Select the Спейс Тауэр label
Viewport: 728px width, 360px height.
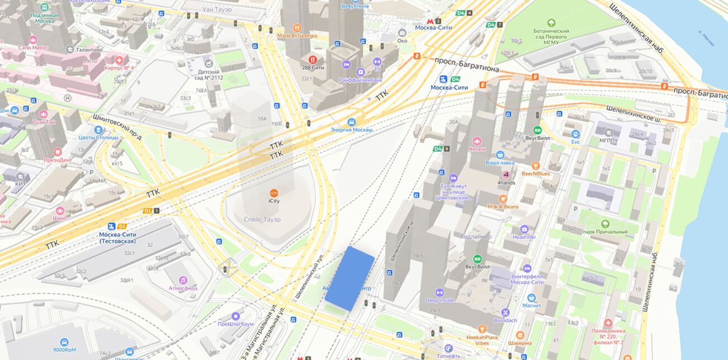click(262, 220)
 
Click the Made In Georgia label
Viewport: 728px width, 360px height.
click(297, 36)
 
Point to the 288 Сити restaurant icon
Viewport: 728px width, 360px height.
click(313, 59)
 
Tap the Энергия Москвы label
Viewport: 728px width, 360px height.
click(352, 130)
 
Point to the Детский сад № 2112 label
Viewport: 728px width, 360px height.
click(210, 74)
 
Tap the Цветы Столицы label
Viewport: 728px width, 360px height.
click(98, 138)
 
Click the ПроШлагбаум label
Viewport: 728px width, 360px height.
click(236, 324)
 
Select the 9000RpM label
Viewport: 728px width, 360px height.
click(65, 350)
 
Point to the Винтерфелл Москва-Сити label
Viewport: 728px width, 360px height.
click(527, 278)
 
